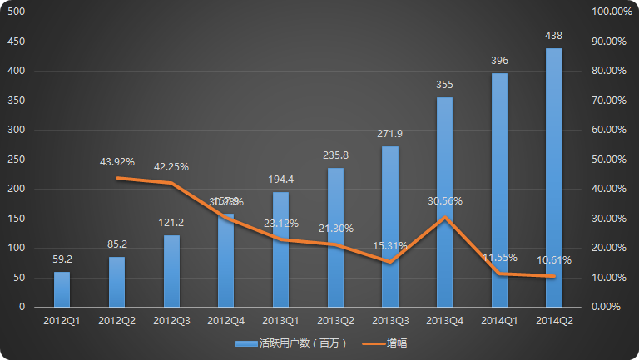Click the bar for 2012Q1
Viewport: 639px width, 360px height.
point(62,288)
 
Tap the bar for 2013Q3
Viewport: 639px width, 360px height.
point(390,226)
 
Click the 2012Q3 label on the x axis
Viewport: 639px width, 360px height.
point(171,320)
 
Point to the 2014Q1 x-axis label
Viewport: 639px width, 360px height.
point(499,320)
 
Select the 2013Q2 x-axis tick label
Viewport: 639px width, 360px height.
point(335,320)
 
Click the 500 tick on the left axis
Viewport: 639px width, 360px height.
point(16,12)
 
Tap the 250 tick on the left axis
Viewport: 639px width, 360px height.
point(16,160)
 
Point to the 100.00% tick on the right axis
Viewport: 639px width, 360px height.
point(612,12)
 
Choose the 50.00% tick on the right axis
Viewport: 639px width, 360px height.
point(612,160)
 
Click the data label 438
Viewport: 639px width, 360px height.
point(554,35)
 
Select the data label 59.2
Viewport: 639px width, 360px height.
point(62,259)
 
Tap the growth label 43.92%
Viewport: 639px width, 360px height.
point(116,162)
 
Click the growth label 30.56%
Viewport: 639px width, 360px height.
point(445,201)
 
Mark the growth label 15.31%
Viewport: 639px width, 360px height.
point(390,246)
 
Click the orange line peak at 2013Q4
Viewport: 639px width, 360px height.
point(445,217)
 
